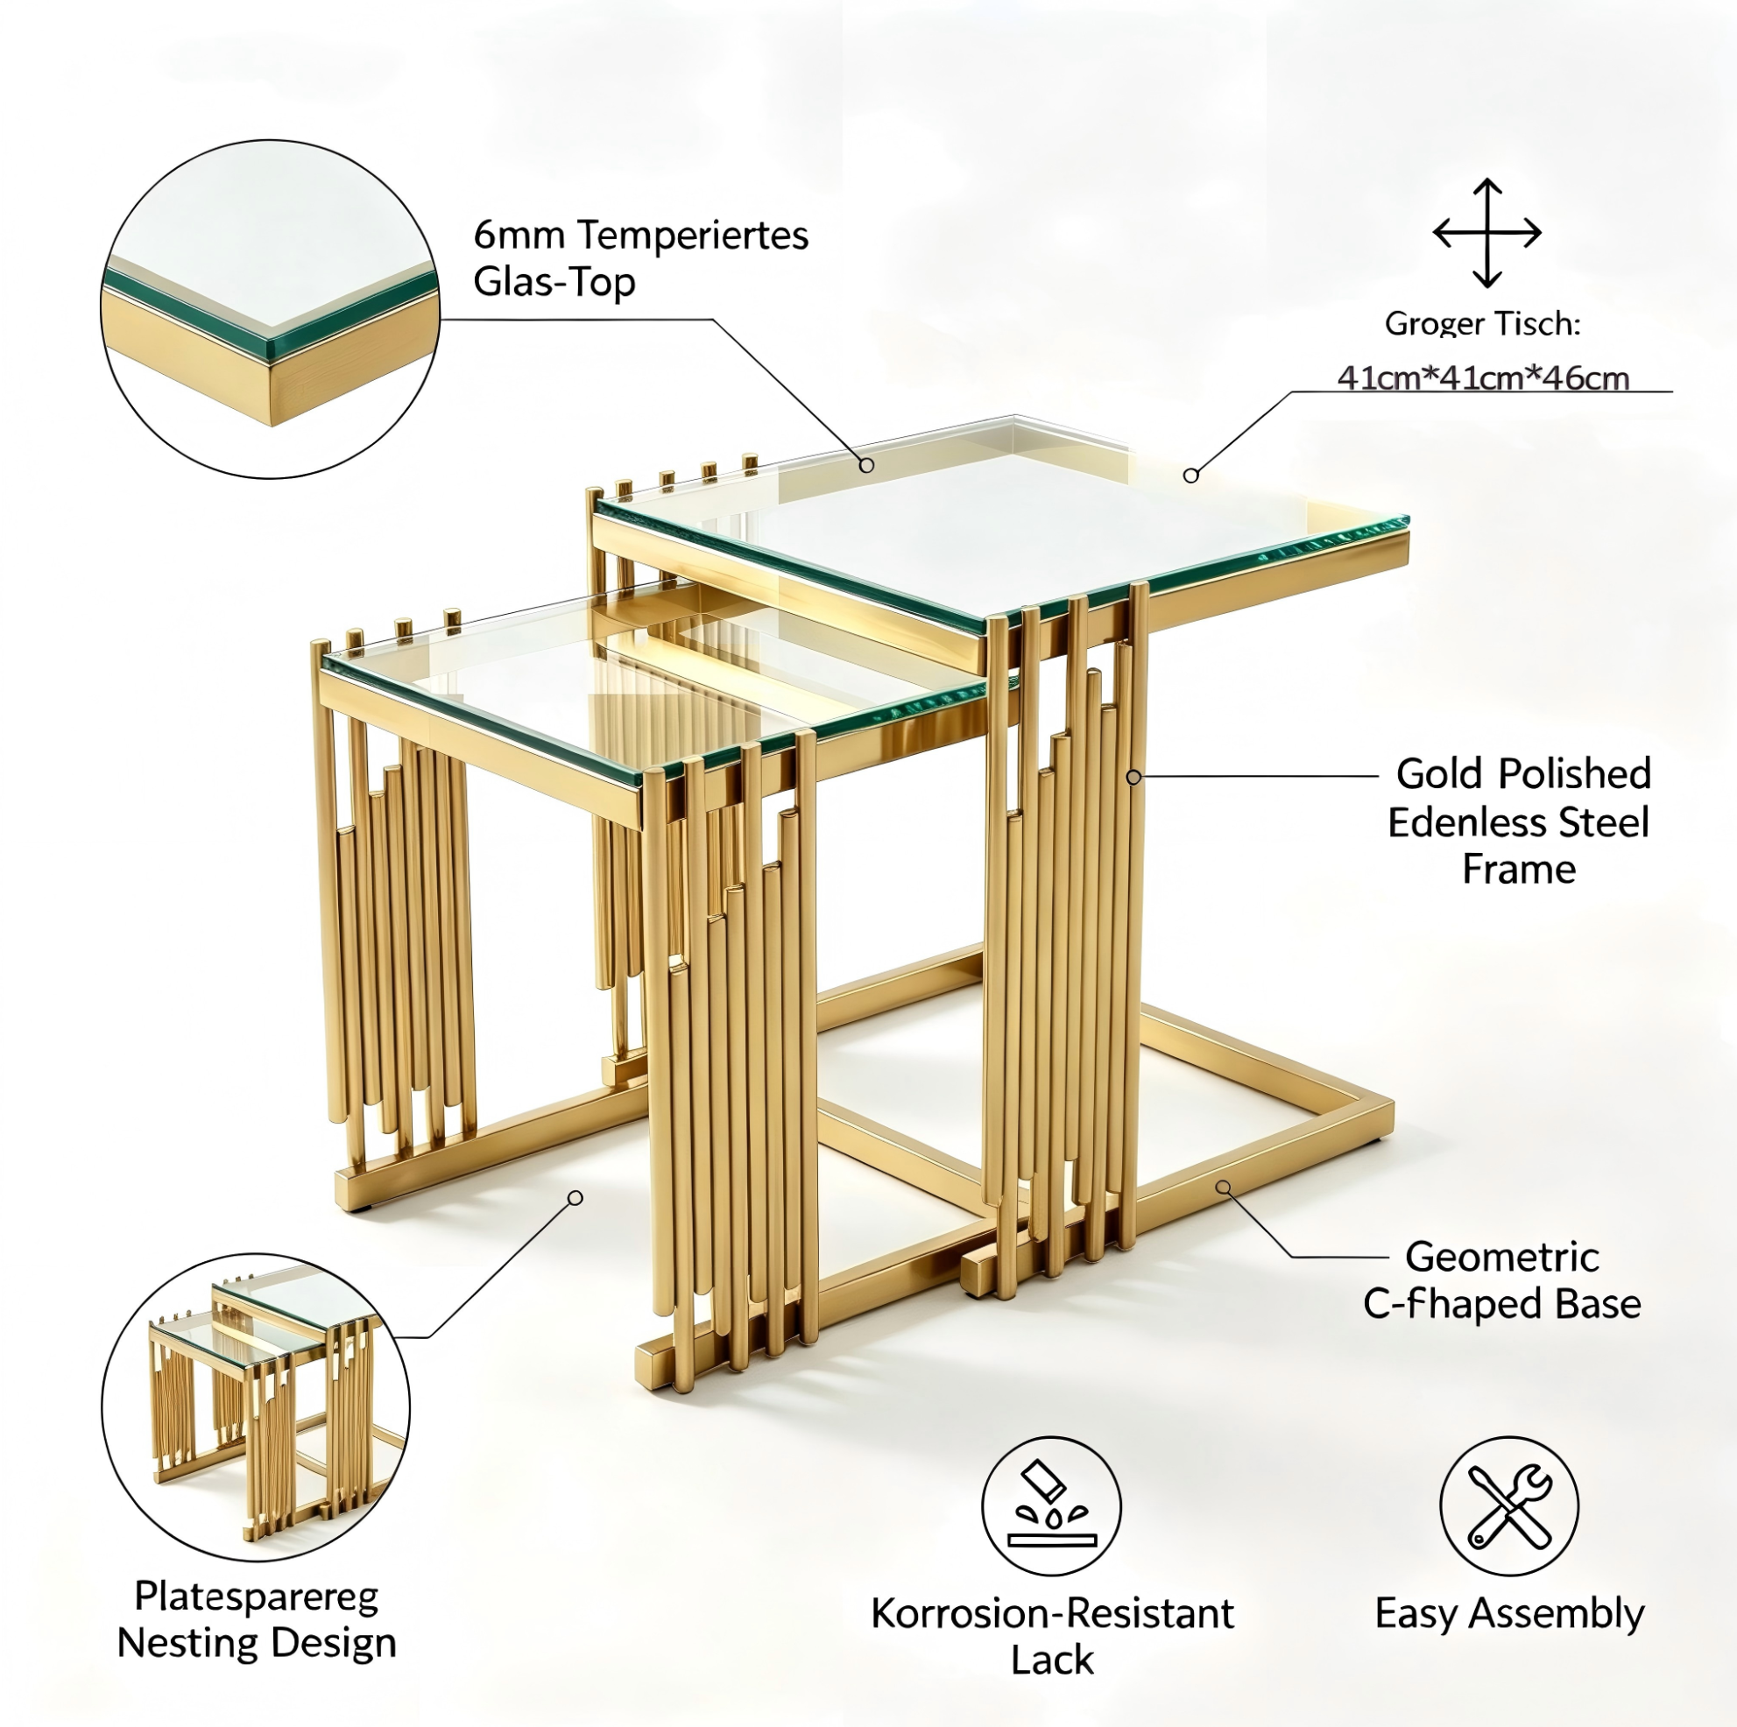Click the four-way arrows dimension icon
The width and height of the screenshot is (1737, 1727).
1487,233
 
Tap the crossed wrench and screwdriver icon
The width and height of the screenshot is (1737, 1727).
1509,1505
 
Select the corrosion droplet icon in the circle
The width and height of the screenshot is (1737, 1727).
1051,1505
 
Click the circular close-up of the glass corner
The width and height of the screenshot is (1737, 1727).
271,308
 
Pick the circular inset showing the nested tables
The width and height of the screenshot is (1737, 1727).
257,1408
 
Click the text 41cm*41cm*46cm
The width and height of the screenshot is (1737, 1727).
1484,377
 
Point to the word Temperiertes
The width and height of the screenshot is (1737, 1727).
692,235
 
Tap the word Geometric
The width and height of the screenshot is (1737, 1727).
1502,1257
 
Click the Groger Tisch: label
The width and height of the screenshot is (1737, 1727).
1483,323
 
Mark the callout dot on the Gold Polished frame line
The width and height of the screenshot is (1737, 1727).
1133,777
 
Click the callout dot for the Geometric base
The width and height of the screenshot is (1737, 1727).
1223,1188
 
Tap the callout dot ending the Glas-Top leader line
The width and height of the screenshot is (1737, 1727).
865,465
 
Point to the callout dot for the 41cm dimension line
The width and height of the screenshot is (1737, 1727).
1190,476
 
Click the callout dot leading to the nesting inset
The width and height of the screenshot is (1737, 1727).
575,1197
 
